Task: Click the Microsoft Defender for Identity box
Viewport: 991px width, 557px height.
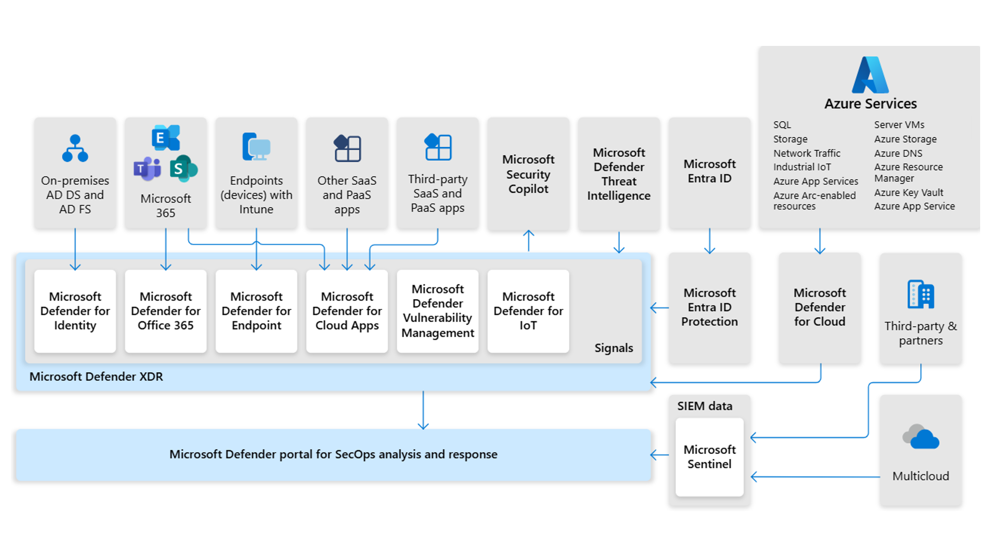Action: (75, 311)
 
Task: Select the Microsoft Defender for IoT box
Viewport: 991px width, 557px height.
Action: (528, 311)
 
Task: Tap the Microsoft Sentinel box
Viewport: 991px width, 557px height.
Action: (709, 457)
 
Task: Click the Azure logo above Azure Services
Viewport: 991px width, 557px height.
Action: (870, 75)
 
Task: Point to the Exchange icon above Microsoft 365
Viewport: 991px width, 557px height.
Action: (166, 137)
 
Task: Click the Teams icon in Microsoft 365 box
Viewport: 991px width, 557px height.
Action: (147, 168)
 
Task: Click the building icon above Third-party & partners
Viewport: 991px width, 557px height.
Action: (921, 294)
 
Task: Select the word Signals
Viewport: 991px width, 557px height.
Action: (613, 348)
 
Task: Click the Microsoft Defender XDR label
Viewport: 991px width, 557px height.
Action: (96, 376)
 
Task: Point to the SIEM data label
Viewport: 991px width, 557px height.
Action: (705, 406)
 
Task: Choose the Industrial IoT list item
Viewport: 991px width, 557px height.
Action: (802, 167)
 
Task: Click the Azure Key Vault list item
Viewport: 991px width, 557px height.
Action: (908, 192)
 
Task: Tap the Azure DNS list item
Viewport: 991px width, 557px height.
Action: (898, 153)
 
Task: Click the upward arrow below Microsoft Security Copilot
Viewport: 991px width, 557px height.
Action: (529, 240)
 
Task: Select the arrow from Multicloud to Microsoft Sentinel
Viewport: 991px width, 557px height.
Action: (816, 477)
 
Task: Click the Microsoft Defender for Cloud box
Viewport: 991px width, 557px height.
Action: (820, 307)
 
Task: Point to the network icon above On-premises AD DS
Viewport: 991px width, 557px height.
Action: (75, 148)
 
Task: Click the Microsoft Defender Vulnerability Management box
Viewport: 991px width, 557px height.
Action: (438, 311)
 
